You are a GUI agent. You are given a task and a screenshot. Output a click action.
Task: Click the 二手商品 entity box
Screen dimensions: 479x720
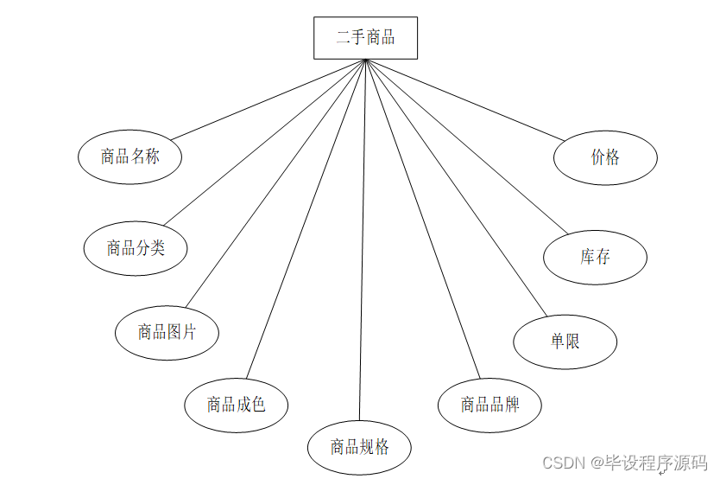point(365,38)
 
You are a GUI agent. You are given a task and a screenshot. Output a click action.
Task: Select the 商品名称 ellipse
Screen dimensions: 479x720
point(129,156)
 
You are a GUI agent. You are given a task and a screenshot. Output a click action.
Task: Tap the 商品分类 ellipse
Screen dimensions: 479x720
point(136,248)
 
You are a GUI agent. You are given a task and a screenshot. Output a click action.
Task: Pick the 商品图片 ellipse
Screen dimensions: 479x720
point(167,331)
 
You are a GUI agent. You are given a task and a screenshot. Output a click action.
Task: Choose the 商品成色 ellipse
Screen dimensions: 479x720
point(236,404)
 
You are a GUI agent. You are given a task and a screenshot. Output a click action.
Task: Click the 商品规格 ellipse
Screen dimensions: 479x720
point(359,447)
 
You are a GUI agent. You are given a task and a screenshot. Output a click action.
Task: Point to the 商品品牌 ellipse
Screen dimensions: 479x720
point(489,405)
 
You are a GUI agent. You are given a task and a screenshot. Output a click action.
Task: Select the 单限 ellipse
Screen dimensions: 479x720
point(565,342)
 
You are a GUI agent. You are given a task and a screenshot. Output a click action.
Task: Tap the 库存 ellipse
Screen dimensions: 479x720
point(595,257)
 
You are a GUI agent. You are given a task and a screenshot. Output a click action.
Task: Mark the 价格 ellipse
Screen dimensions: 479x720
point(605,157)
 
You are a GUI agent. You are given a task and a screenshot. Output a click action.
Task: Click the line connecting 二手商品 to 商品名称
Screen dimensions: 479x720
point(268,99)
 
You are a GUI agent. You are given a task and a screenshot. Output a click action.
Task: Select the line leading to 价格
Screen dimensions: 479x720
point(466,99)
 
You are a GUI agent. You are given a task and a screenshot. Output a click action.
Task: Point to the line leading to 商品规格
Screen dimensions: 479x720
point(363,242)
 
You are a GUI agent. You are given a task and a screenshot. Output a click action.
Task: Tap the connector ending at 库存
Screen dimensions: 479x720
point(466,146)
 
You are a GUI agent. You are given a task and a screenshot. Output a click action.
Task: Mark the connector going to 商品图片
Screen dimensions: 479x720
point(276,182)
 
